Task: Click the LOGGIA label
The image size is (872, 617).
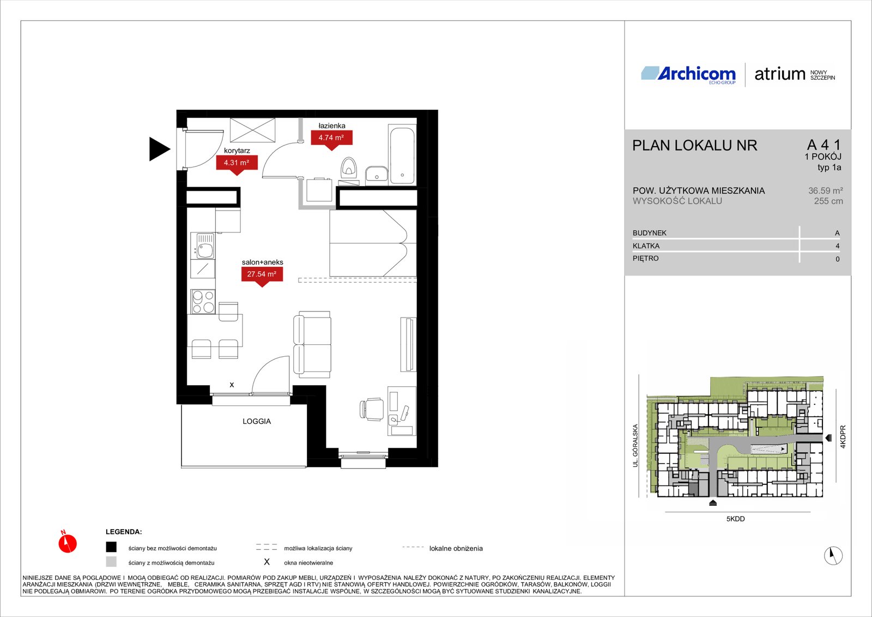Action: point(257,421)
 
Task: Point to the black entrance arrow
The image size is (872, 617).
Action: point(159,149)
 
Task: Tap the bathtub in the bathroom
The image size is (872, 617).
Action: point(402,154)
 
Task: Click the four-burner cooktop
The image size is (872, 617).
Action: point(203,301)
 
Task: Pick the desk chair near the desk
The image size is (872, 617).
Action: point(371,409)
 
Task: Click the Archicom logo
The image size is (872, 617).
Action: point(688,74)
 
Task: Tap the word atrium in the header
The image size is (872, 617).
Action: point(780,74)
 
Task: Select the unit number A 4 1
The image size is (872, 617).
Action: point(824,145)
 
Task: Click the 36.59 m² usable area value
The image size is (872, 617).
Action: point(825,190)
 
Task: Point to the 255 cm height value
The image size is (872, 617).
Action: point(828,201)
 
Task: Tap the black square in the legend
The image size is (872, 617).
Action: point(111,547)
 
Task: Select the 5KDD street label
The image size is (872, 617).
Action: point(735,519)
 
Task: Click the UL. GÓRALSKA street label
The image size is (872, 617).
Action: point(635,446)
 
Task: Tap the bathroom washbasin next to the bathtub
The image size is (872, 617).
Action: point(376,176)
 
